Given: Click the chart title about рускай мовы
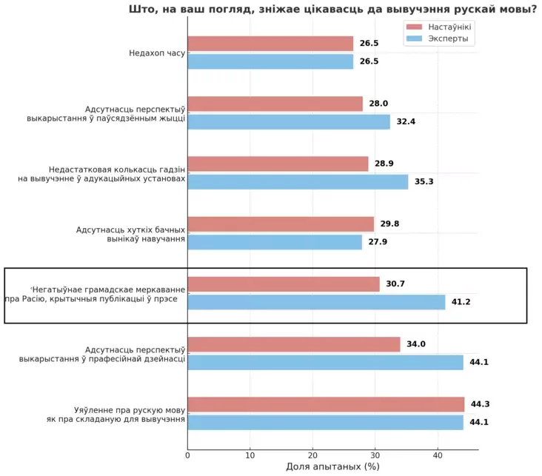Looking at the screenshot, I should tap(332, 10).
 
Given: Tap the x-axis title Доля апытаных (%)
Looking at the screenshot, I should tap(332, 466).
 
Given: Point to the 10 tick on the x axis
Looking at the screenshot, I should tap(250, 455).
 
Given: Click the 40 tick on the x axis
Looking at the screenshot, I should tap(438, 455).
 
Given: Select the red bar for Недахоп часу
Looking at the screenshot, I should tap(270, 44).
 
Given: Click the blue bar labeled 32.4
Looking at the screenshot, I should tap(289, 121).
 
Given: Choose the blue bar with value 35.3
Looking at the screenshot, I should tap(298, 181).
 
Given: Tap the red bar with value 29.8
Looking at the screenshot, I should tap(281, 224).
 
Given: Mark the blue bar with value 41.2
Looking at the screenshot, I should tap(316, 302).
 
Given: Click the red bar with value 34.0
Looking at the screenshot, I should tap(294, 344).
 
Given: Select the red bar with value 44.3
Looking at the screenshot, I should tap(326, 404).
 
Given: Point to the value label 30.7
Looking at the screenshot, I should tap(395, 284).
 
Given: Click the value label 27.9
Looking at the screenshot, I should tap(378, 242).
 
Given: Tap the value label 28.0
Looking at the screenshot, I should tap(378, 104).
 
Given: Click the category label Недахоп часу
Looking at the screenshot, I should tap(156, 53).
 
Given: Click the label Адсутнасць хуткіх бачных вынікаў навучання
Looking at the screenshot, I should tap(130, 234).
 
